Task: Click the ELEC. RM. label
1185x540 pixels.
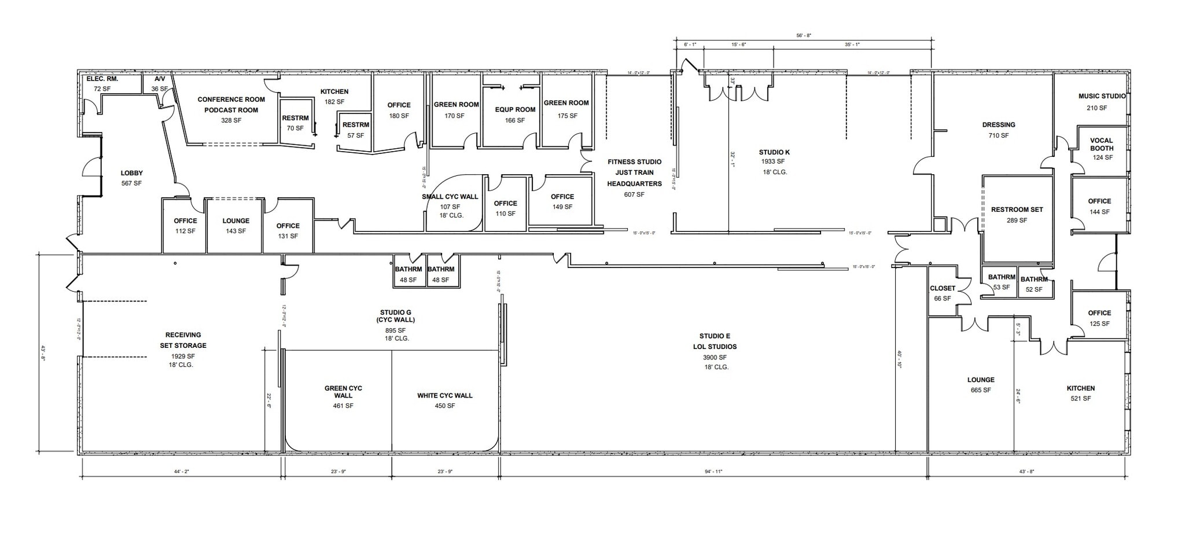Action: point(102,79)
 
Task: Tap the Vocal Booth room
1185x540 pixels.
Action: point(1101,149)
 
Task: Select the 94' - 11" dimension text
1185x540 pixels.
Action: point(713,472)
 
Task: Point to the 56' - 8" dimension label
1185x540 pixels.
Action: point(804,36)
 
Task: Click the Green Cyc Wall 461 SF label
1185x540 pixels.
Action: point(343,396)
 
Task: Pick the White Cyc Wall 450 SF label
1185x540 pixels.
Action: point(444,401)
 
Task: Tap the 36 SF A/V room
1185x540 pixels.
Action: point(159,84)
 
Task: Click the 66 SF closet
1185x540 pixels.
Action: point(942,293)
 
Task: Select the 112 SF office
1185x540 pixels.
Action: point(185,226)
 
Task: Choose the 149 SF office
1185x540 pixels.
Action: point(562,201)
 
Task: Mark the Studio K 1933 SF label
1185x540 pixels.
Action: point(774,157)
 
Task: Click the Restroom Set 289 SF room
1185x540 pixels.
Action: point(1017,215)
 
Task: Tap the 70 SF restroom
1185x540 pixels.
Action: point(295,123)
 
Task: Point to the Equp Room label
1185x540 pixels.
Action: point(515,109)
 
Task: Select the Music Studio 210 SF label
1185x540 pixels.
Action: point(1102,102)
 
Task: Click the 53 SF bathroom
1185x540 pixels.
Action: point(1001,282)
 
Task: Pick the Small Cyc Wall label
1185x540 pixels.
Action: point(450,197)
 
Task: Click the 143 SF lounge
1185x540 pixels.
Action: point(235,226)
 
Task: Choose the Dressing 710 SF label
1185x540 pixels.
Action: point(998,130)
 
